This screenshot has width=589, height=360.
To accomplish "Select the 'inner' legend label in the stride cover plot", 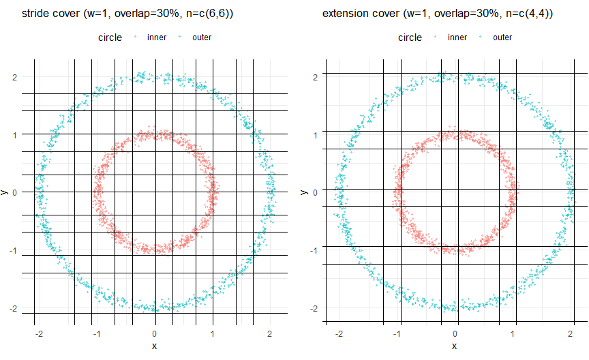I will [x=157, y=37].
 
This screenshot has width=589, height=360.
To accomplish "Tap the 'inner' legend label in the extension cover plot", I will [x=457, y=37].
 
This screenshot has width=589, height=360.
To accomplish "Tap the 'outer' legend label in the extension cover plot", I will [x=502, y=37].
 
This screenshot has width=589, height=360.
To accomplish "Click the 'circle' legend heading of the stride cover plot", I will [x=110, y=37].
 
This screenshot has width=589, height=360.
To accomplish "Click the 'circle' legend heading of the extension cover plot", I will [x=410, y=37].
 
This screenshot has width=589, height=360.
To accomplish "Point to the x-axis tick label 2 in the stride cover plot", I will [x=271, y=333].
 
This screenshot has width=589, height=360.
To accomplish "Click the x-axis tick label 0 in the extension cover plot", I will [x=455, y=333].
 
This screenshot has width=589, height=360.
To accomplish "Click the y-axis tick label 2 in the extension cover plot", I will [x=315, y=78].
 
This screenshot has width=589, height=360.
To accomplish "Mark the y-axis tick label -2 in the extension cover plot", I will [x=314, y=309].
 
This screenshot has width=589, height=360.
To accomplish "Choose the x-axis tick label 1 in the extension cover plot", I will [x=513, y=333].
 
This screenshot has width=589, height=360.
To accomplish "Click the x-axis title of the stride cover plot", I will [x=155, y=346].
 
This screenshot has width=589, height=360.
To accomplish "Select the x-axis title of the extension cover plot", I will [x=455, y=346].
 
